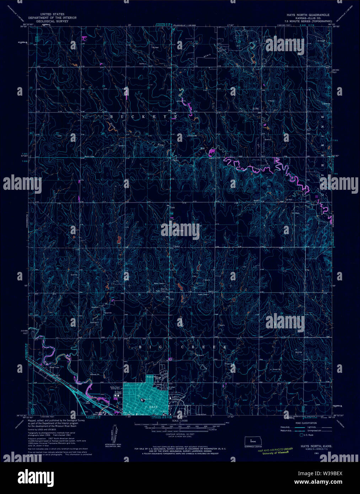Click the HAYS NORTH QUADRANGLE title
(308, 15)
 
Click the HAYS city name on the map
(153, 406)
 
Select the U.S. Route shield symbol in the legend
(302, 435)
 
